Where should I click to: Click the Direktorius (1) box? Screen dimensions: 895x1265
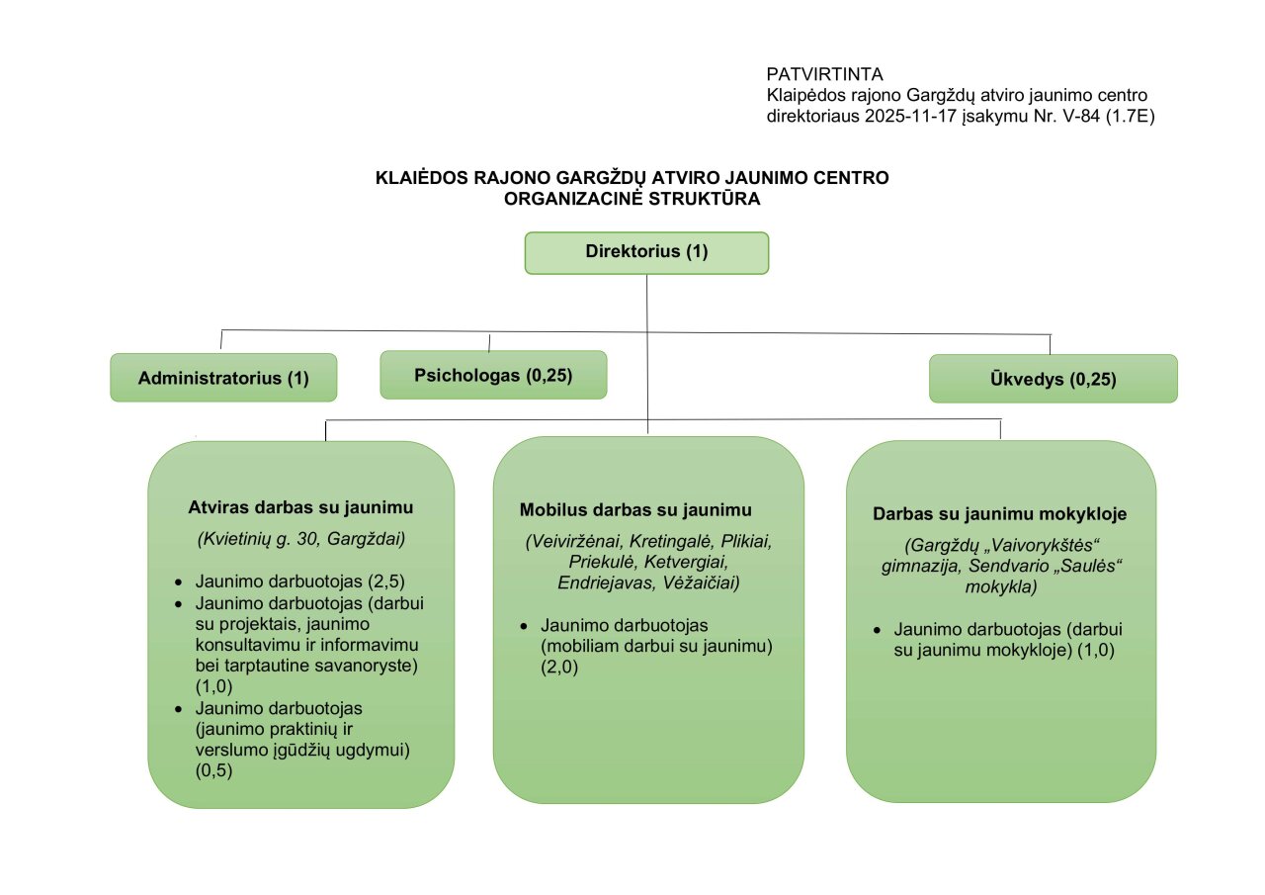pos(646,252)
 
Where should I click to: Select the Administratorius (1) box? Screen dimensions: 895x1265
pos(223,378)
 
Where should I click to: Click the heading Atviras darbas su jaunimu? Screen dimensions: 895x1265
pos(300,507)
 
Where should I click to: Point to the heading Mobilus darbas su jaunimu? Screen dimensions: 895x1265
pos(635,510)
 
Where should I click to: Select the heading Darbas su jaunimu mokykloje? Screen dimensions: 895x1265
pos(1000,514)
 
